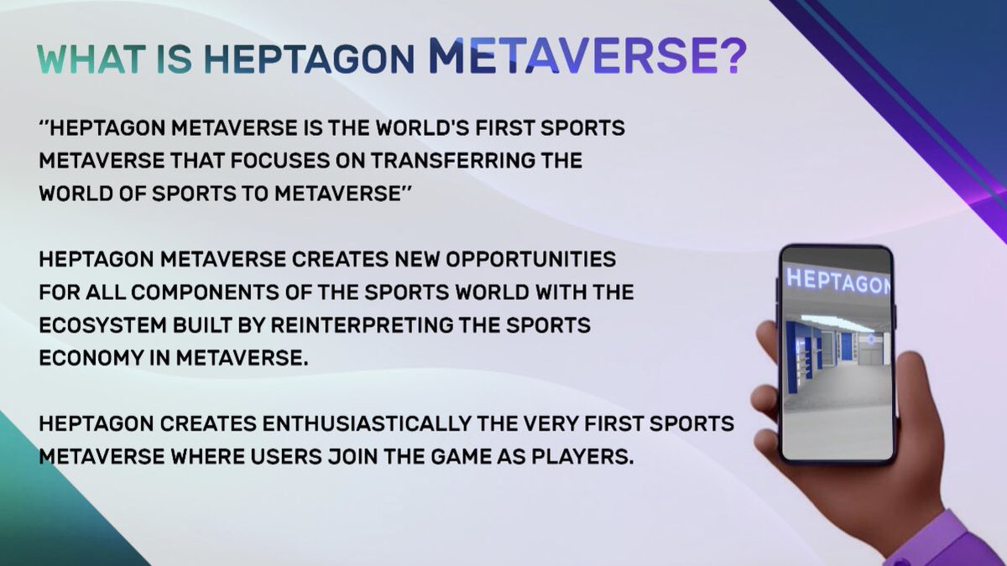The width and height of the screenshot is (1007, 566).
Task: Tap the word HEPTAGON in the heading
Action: click(310, 60)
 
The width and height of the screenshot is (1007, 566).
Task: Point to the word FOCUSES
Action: click(305, 160)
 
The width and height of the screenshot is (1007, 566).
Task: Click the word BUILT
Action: click(221, 325)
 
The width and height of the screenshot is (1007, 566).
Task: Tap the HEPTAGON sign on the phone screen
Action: click(837, 280)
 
